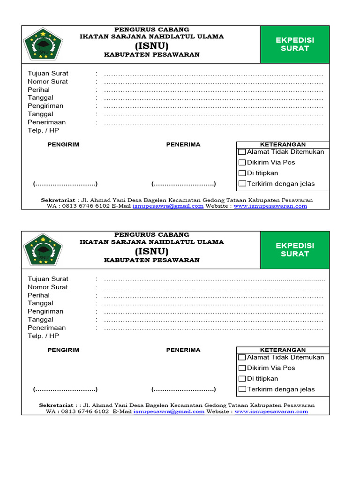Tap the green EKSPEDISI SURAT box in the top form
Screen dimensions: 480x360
pos(295,45)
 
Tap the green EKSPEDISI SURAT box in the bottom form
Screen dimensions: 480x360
pos(295,250)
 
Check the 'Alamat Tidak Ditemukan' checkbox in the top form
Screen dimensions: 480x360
pos(242,152)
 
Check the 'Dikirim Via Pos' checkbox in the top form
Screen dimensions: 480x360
pos(242,163)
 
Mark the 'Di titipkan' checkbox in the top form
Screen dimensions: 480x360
pos(242,173)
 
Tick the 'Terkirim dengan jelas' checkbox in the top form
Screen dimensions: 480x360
pos(242,184)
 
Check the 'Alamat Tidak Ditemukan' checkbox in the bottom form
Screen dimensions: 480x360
pos(242,358)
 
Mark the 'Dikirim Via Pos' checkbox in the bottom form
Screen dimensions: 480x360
pos(242,368)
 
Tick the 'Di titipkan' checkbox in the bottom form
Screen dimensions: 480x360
pos(242,379)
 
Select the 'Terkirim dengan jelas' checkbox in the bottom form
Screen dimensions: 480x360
pos(242,389)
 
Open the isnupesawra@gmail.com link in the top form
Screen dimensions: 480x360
pos(168,206)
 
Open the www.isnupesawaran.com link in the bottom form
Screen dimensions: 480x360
pos(271,412)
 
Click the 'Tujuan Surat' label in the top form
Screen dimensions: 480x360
pos(48,73)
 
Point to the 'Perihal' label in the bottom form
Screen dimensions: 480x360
pos(38,295)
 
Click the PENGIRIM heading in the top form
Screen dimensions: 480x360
pos(63,144)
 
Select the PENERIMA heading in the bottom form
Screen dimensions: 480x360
pos(183,350)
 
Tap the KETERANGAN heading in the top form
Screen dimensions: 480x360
pos(283,144)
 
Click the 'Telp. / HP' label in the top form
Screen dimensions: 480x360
pos(43,130)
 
